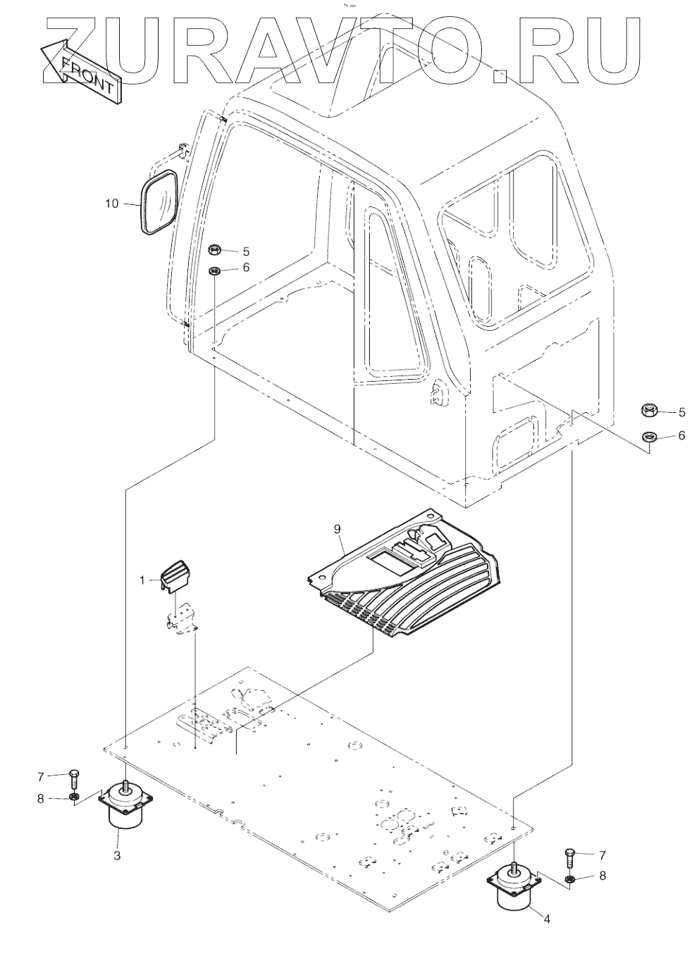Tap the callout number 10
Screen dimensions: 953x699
(112, 204)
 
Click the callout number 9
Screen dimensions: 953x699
(337, 527)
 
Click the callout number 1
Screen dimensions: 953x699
(142, 580)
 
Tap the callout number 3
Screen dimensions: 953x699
(117, 856)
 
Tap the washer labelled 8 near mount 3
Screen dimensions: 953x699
(73, 798)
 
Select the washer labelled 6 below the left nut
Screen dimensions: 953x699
(214, 270)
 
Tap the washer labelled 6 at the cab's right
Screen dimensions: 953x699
(650, 437)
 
